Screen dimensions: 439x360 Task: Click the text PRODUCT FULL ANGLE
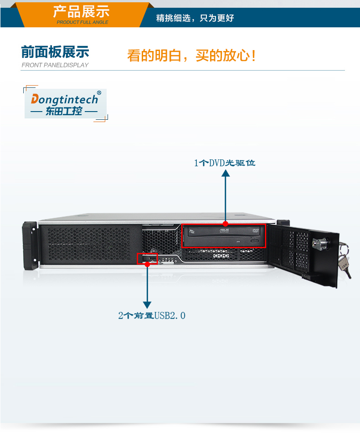[x=82, y=22]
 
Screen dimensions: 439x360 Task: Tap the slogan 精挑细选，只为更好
[x=195, y=19]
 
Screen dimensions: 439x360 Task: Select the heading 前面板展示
[x=55, y=52]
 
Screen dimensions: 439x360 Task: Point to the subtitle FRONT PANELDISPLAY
[x=55, y=65]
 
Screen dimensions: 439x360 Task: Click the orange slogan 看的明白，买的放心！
[x=191, y=56]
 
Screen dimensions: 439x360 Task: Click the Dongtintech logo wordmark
[x=64, y=99]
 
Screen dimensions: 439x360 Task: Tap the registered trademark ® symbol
[x=99, y=93]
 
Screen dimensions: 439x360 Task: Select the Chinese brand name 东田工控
[x=64, y=111]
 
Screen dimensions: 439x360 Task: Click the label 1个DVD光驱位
[x=225, y=163]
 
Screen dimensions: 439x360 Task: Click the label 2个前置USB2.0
[x=152, y=315]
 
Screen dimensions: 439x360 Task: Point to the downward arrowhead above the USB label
[x=147, y=304]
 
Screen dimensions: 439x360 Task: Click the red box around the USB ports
[x=147, y=259]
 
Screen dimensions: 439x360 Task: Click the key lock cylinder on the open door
[x=317, y=244]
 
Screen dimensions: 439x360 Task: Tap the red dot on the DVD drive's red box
[x=226, y=224]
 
